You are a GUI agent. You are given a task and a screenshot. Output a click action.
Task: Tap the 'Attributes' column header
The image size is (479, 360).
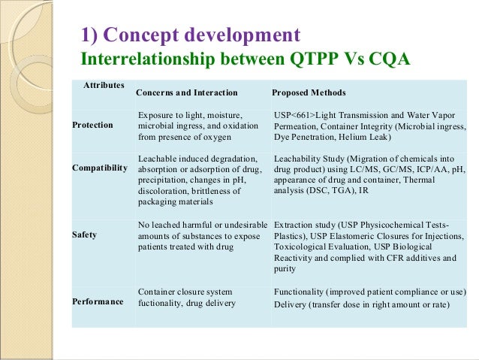pyautogui.click(x=104, y=86)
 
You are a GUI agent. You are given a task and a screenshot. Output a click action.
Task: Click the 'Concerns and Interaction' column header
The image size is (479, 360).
pyautogui.click(x=187, y=92)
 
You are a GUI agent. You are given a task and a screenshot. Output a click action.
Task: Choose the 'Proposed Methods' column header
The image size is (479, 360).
pyautogui.click(x=309, y=92)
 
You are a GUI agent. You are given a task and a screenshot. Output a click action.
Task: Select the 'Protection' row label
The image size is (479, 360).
pyautogui.click(x=92, y=125)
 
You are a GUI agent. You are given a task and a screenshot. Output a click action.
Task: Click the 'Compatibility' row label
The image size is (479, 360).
pyautogui.click(x=99, y=168)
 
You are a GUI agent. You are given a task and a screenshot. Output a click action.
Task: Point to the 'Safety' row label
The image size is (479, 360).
pyautogui.click(x=83, y=234)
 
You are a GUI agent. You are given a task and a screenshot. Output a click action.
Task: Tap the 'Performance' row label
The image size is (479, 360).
pyautogui.click(x=98, y=301)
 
